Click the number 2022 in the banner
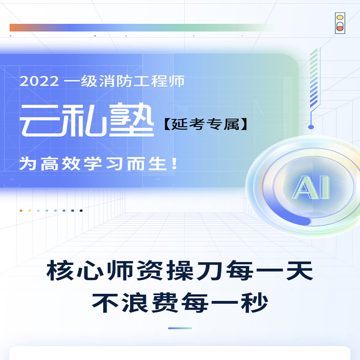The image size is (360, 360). pyautogui.click(x=39, y=81)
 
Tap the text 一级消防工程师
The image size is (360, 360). pyautogui.click(x=124, y=81)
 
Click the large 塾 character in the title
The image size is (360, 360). pyautogui.click(x=132, y=120)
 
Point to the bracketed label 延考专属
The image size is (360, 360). pyautogui.click(x=206, y=124)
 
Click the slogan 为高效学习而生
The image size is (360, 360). pyautogui.click(x=93, y=164)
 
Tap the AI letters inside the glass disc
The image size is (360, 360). pyautogui.click(x=311, y=187)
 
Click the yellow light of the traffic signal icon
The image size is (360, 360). pyautogui.click(x=340, y=17)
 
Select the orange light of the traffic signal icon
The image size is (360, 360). pyautogui.click(x=340, y=28)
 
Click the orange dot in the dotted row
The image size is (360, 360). pyautogui.click(x=21, y=211)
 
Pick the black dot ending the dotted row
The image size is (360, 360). pyautogui.click(x=81, y=211)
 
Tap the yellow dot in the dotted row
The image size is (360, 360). pyautogui.click(x=30, y=211)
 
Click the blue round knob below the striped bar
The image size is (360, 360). pyautogui.click(x=311, y=127)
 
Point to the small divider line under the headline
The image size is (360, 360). pyautogui.click(x=180, y=328)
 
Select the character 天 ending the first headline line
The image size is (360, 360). pyautogui.click(x=300, y=270)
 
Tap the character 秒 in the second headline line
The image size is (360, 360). pyautogui.click(x=254, y=302)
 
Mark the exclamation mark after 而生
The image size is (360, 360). pyautogui.click(x=175, y=164)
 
